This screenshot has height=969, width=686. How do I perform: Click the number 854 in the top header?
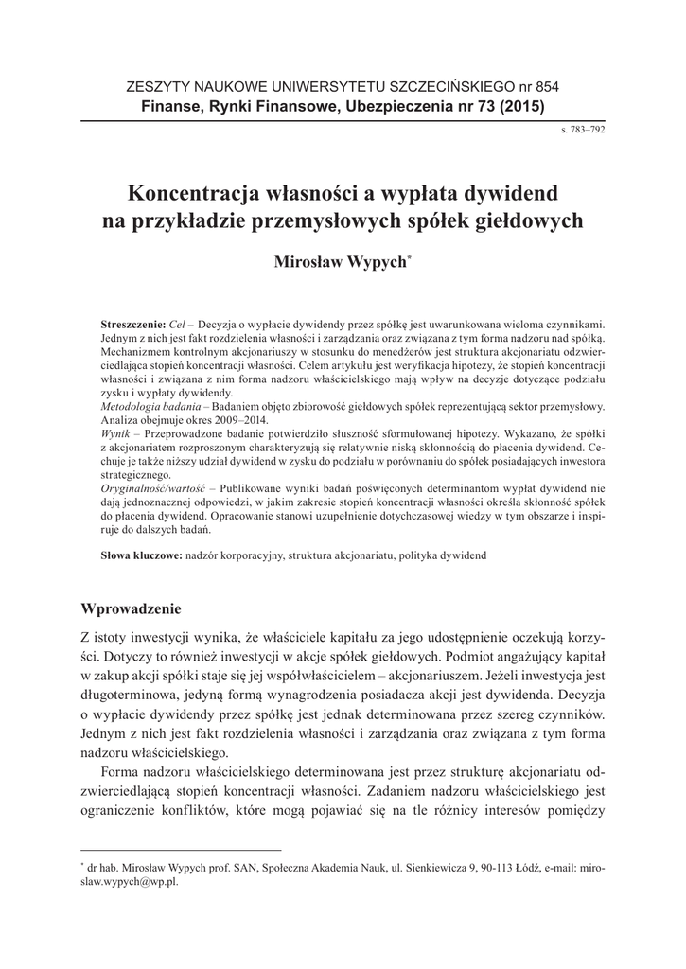click(x=545, y=87)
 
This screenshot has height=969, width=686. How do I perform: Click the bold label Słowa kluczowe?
click(x=141, y=556)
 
